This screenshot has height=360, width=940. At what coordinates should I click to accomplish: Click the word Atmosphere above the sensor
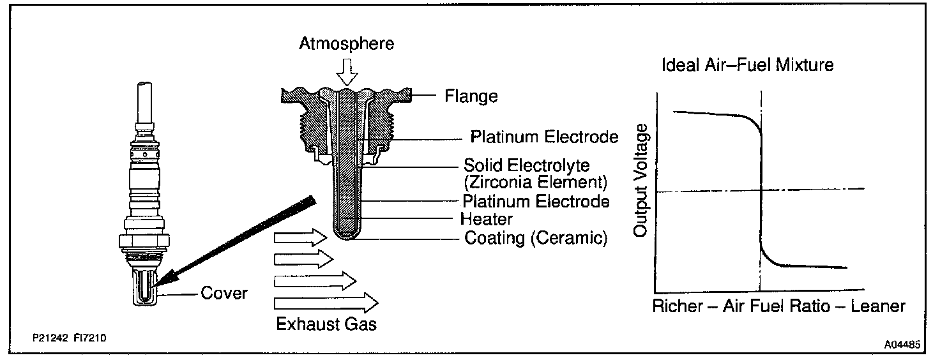click(347, 43)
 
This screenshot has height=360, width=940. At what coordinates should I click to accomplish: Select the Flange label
click(471, 97)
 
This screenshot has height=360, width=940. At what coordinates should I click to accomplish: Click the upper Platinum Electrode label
click(544, 137)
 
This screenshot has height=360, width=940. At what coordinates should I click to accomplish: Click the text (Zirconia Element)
click(535, 182)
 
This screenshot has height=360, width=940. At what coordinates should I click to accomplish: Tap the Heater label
click(487, 219)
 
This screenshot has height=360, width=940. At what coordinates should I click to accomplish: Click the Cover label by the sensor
click(224, 294)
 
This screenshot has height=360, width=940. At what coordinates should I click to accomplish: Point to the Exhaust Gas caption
click(326, 324)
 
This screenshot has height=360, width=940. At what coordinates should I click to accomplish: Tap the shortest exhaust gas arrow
click(303, 259)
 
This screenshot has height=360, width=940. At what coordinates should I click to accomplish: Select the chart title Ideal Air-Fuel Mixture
click(748, 65)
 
